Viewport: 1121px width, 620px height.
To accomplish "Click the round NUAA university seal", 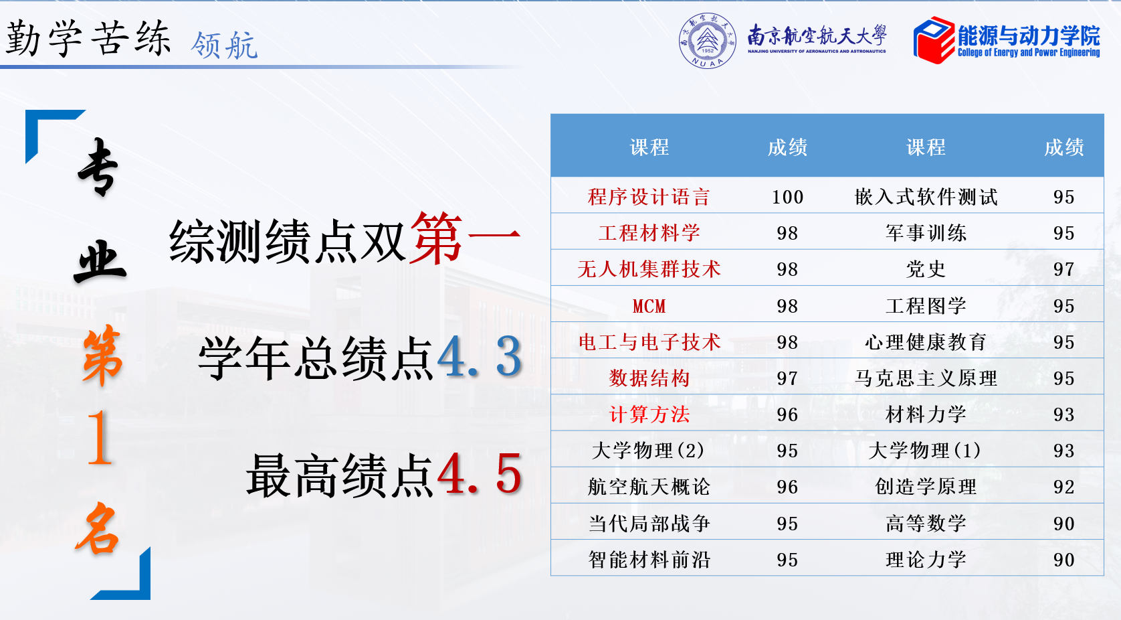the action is (x=707, y=41).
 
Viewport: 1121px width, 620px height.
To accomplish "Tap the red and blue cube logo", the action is (x=934, y=40).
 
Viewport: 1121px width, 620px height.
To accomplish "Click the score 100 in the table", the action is (x=787, y=197).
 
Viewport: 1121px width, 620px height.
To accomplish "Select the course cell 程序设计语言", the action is (x=649, y=197).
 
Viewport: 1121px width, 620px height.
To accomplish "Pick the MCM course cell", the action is (x=649, y=306).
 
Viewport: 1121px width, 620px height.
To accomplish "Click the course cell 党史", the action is (x=926, y=269).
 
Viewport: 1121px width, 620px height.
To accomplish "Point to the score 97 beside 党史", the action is (x=1063, y=269).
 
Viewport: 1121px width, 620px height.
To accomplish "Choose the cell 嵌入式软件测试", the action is (x=926, y=197).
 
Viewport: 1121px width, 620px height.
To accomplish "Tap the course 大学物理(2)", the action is (x=648, y=451).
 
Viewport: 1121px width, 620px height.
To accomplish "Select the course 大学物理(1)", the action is (x=925, y=451).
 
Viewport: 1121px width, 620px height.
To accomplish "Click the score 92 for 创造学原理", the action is (x=1063, y=487).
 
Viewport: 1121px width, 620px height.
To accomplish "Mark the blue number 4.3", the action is (x=480, y=357).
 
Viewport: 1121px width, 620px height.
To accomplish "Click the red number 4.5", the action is (x=480, y=474).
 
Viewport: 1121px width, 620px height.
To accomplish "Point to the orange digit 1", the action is (x=100, y=437).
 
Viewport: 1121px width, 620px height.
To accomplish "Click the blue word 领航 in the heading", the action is (x=223, y=45).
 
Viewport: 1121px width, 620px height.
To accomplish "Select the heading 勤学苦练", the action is (x=88, y=38).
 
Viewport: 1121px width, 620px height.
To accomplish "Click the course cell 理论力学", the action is (x=926, y=559).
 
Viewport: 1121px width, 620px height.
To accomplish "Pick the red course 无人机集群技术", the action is (x=649, y=269).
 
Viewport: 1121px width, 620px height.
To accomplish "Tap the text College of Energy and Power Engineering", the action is (x=1029, y=53).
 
